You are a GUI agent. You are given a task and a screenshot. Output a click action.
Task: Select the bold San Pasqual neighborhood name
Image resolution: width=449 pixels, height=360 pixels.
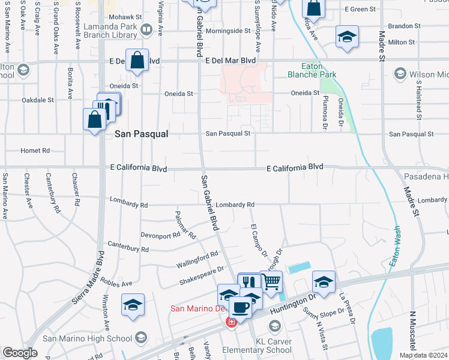(141, 135)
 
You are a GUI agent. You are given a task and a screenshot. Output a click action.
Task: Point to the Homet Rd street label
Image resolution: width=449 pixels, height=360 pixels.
(35, 151)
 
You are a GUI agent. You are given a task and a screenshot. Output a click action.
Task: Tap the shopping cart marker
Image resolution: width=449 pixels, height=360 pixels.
(272, 281)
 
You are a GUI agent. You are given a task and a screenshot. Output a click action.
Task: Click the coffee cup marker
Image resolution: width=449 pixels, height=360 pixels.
(241, 307)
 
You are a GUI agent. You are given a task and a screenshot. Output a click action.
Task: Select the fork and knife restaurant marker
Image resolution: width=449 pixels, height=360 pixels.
(250, 283)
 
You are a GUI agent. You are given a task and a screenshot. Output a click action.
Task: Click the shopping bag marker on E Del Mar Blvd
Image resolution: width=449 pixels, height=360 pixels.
(137, 61)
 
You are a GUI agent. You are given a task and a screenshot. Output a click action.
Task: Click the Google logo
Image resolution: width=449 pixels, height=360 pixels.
(20, 353)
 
